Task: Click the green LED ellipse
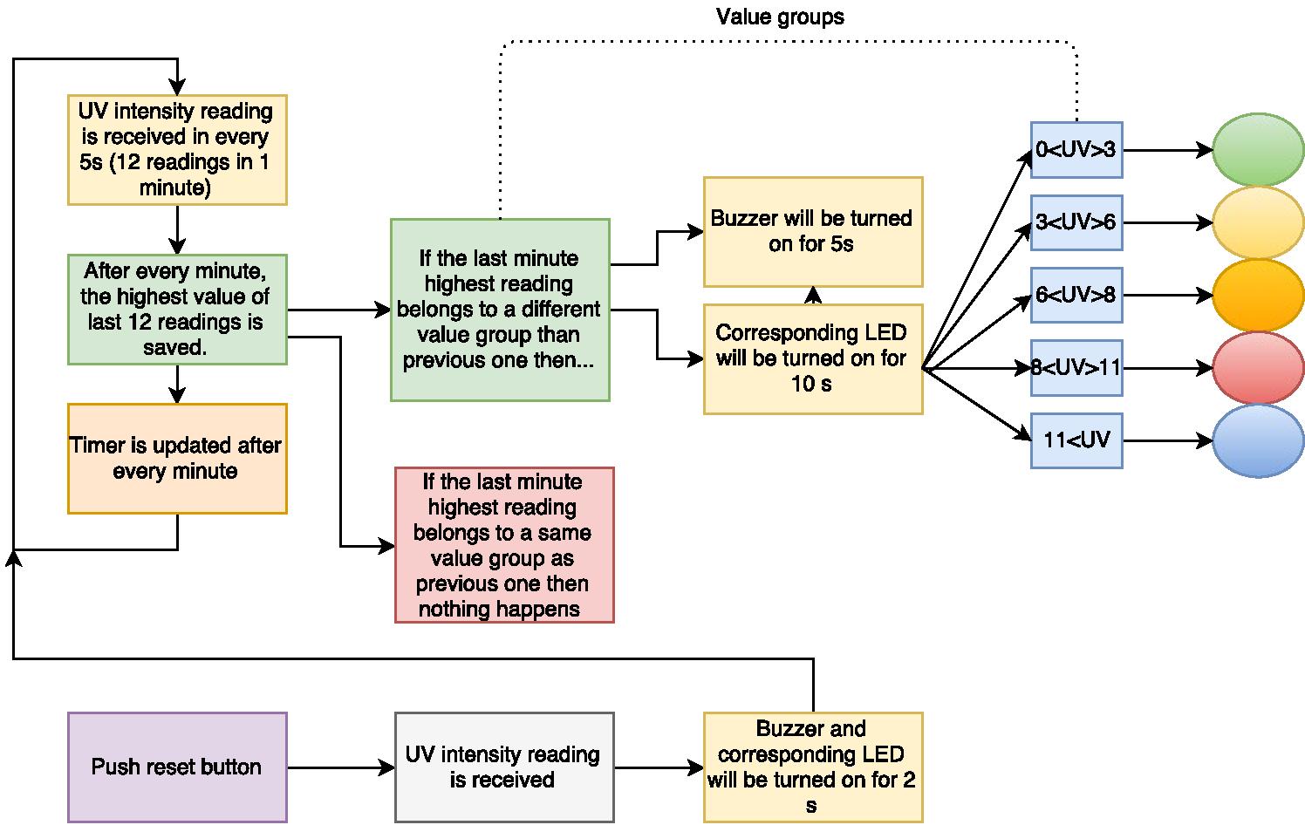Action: [1257, 150]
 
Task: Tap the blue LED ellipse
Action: [1257, 440]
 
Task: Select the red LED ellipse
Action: [1257, 368]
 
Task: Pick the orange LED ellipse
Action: [1257, 296]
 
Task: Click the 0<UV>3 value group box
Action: [1076, 150]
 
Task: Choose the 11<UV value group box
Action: [1076, 440]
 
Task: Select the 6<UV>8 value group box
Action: [1076, 296]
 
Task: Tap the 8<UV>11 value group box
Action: [1076, 368]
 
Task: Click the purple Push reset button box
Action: [177, 767]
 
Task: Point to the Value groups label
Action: [780, 17]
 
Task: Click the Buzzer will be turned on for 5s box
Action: [812, 232]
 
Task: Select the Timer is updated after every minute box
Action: [177, 459]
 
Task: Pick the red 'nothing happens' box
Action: [503, 545]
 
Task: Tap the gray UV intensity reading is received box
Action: [503, 767]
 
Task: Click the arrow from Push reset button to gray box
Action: [340, 767]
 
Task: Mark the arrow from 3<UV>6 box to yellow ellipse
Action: [1167, 223]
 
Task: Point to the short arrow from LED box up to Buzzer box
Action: [813, 296]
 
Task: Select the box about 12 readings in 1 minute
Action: [177, 150]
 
